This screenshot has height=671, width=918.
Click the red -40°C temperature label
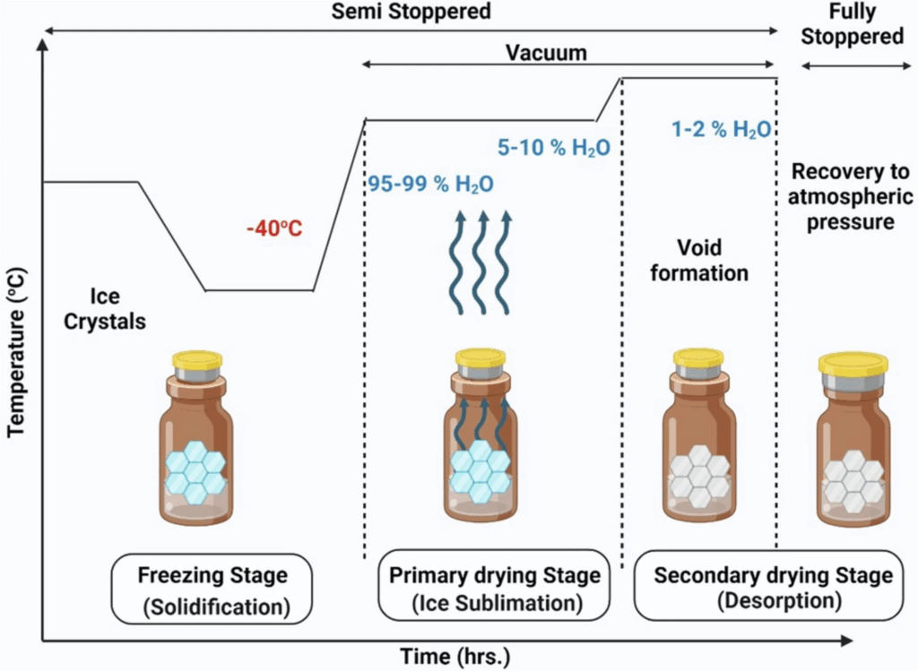(x=273, y=229)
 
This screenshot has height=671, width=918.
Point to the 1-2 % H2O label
(x=721, y=129)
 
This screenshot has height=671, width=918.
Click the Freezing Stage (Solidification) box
(x=213, y=589)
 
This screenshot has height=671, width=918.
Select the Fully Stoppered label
(x=852, y=25)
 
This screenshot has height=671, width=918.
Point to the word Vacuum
(x=545, y=53)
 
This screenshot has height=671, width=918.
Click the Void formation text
(x=698, y=259)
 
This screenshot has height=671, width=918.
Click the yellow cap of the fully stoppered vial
(x=853, y=364)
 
